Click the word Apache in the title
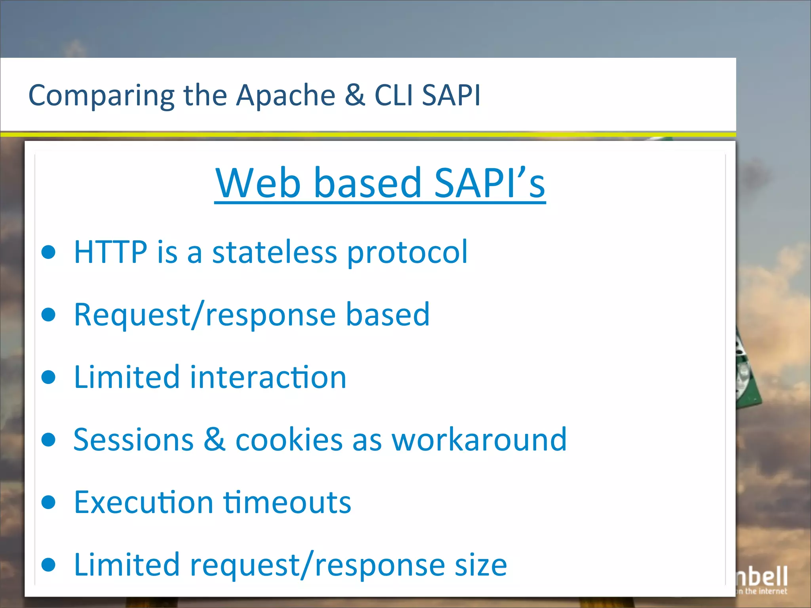coord(286,95)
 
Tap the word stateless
coord(274,252)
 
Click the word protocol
coord(407,253)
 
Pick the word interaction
coord(268,377)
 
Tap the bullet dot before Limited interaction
coord(49,377)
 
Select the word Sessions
coord(133,439)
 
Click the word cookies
coord(289,439)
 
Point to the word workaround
coord(479,439)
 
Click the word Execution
coord(144,502)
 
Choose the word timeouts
coord(287,502)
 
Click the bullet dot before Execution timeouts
coord(49,502)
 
